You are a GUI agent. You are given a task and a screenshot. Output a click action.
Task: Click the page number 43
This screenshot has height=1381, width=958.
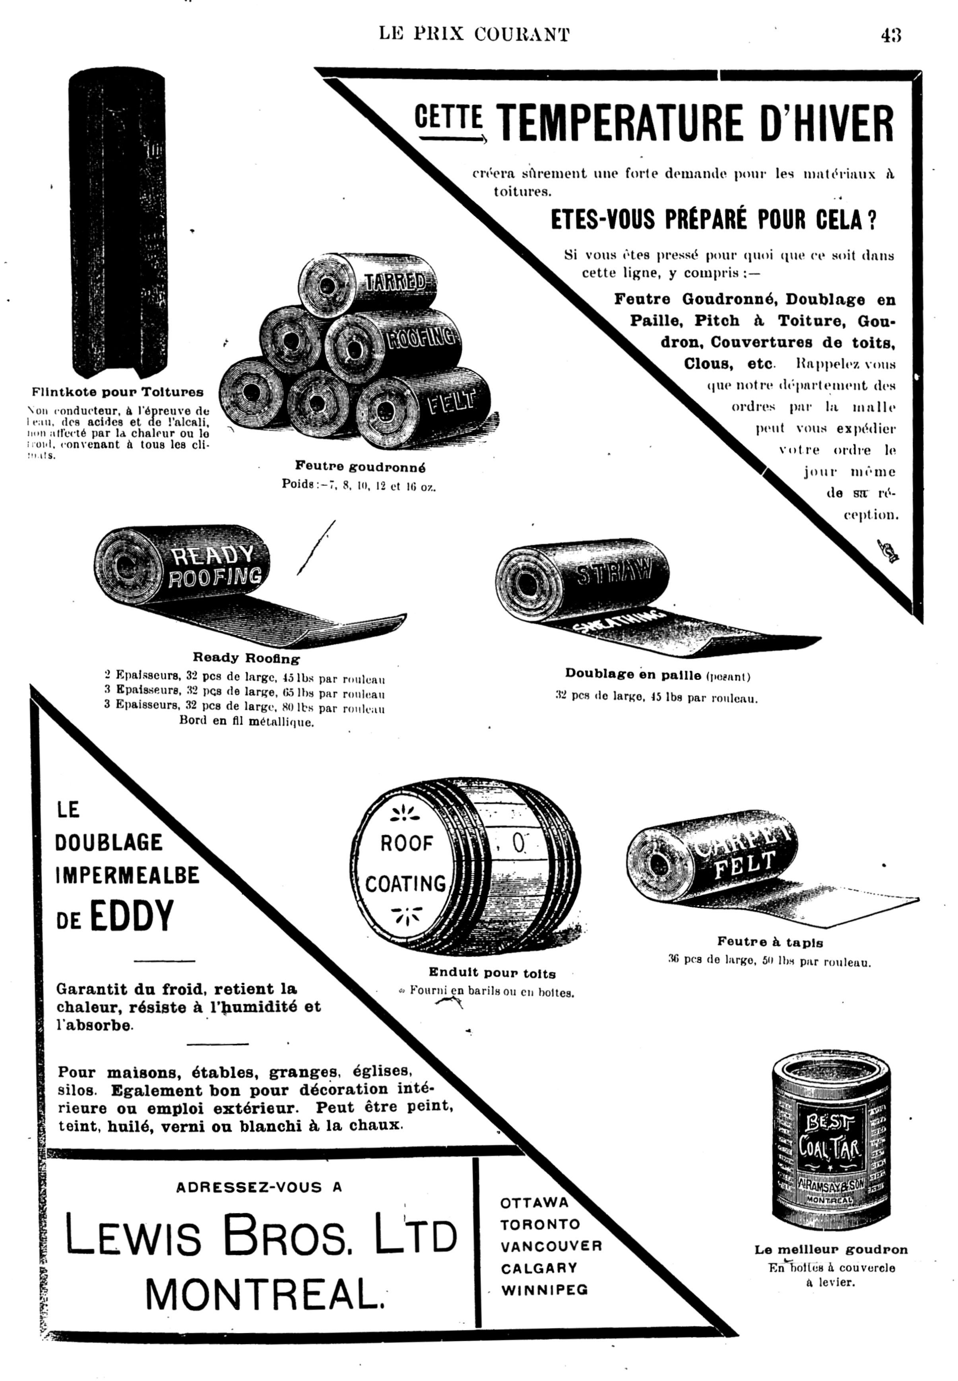[891, 35]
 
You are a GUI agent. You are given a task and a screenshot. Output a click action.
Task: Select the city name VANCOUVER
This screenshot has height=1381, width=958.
[551, 1246]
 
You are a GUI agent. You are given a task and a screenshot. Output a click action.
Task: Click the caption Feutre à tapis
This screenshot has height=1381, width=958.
[770, 942]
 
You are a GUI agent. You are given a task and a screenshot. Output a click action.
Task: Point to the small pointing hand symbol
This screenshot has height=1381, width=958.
[887, 551]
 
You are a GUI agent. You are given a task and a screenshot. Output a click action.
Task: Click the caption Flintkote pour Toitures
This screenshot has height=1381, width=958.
[118, 392]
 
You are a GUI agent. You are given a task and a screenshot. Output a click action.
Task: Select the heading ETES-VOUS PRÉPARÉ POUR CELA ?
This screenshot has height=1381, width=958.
[713, 220]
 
